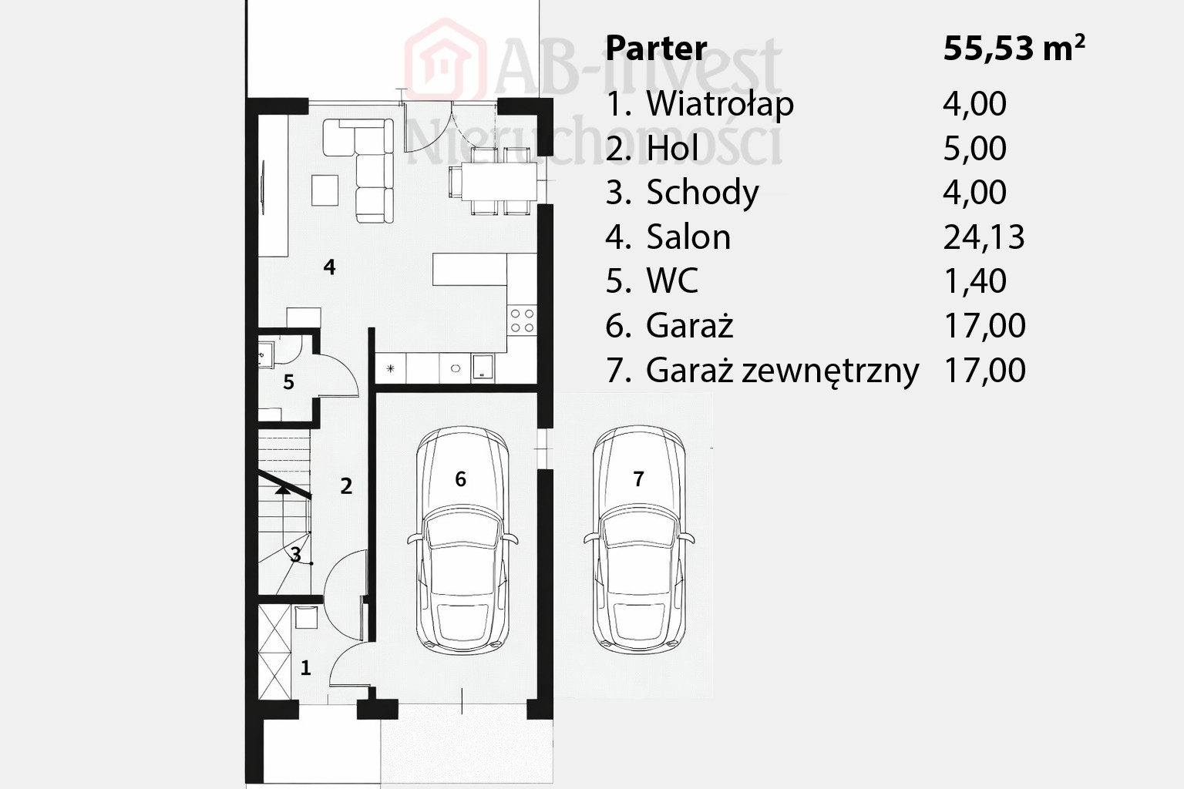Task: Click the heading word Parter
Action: tap(656, 49)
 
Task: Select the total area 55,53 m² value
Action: tap(1014, 49)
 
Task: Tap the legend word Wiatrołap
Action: tap(720, 103)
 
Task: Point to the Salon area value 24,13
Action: tap(984, 237)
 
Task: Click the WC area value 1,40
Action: tap(975, 280)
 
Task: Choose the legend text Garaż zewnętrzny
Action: tap(783, 371)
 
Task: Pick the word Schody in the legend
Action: tap(702, 193)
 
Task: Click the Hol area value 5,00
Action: tap(975, 149)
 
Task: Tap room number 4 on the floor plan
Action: tap(329, 267)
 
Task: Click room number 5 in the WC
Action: tap(288, 382)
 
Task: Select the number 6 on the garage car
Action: tap(460, 478)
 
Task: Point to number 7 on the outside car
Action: tap(638, 478)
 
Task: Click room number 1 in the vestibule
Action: tap(305, 668)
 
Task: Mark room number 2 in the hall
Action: tap(346, 486)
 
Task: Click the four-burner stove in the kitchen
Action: tap(522, 321)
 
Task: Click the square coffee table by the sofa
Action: tap(325, 190)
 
